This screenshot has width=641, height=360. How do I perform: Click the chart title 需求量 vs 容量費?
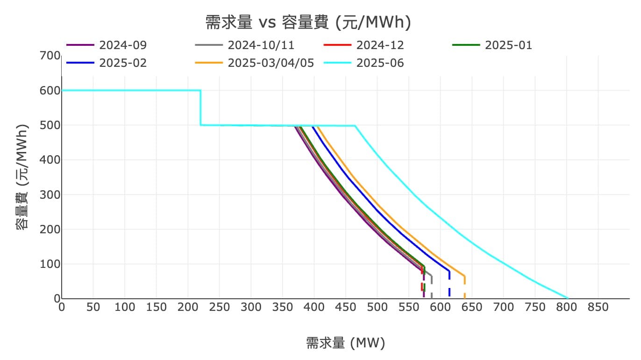pyautogui.click(x=308, y=22)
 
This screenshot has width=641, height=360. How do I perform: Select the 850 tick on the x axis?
pyautogui.click(x=598, y=307)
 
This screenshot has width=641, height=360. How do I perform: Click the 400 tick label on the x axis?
pyautogui.click(x=314, y=307)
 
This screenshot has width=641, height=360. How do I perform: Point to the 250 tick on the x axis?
pyautogui.click(x=220, y=307)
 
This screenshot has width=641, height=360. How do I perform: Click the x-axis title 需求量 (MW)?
pyautogui.click(x=346, y=343)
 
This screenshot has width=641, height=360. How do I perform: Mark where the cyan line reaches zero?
pyautogui.click(x=568, y=298)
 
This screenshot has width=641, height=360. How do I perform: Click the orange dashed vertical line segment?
pyautogui.click(x=464, y=288)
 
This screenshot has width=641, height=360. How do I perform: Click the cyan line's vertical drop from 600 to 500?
pyautogui.click(x=200, y=108)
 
